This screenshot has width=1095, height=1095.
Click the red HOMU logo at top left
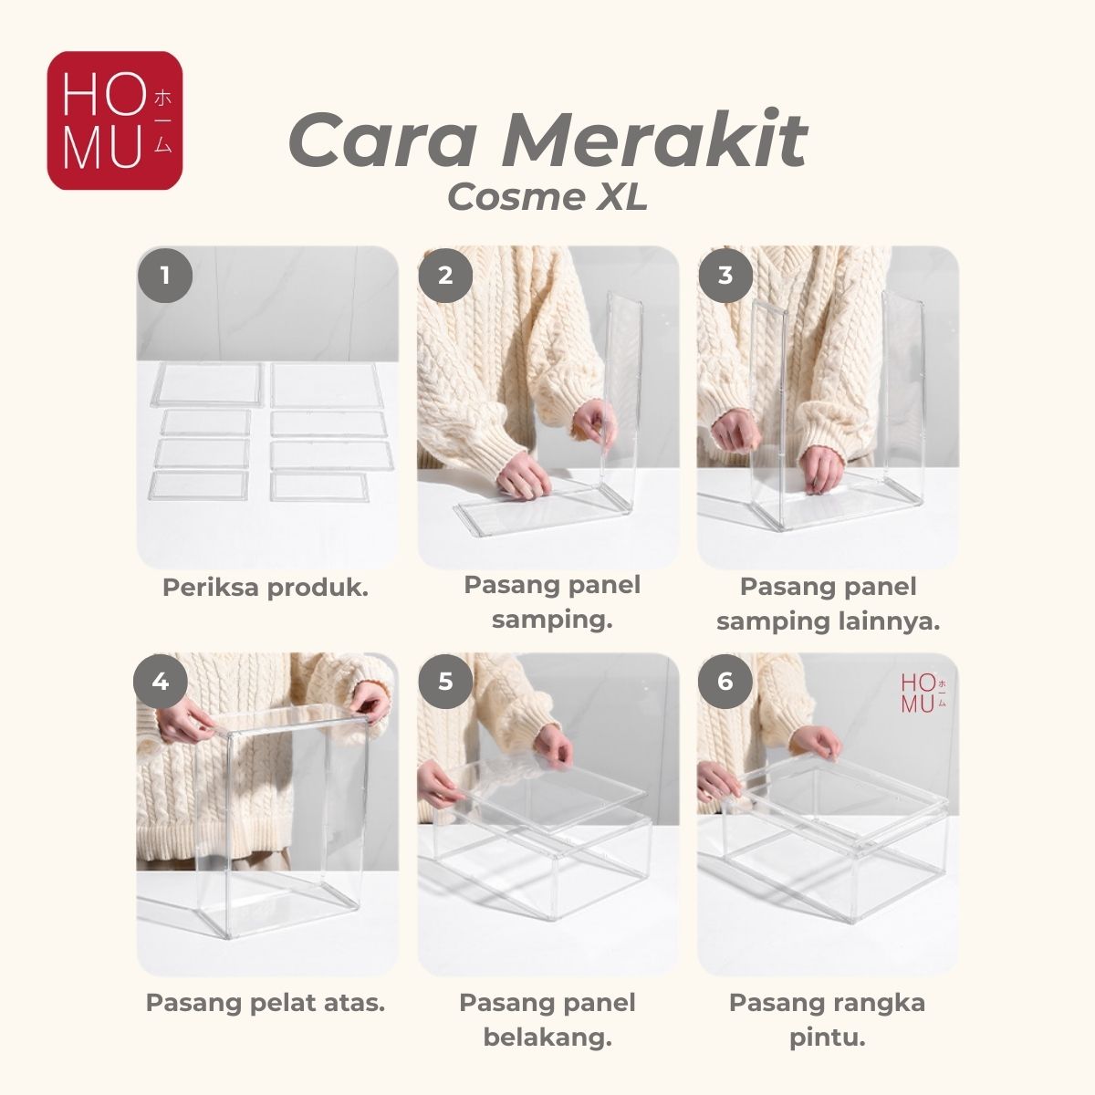tap(115, 120)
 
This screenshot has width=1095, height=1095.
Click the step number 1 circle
tap(165, 276)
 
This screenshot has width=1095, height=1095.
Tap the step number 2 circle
tap(445, 276)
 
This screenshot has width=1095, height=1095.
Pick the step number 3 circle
tap(725, 276)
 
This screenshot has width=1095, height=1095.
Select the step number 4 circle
tap(161, 681)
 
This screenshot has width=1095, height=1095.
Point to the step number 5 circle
tap(445, 681)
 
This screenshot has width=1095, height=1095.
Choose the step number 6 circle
tap(725, 681)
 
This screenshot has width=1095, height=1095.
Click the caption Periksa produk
tap(266, 589)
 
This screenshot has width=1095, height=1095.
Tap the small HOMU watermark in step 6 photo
tap(923, 693)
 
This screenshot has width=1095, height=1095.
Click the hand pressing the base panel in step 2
tap(523, 478)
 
